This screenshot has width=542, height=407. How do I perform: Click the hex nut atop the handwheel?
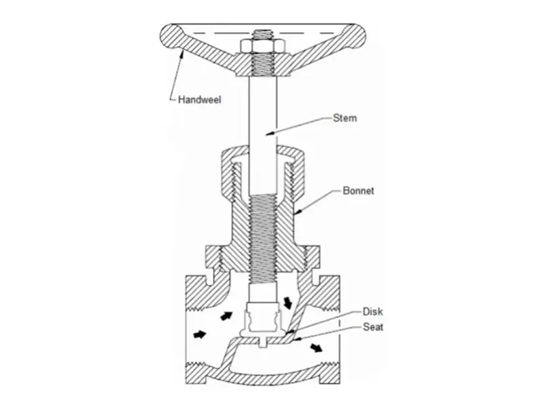click(x=258, y=45)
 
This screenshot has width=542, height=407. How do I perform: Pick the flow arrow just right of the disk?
click(x=289, y=301)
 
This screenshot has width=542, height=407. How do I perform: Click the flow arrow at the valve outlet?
click(x=316, y=348)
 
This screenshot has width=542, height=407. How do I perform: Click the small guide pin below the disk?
click(x=260, y=341)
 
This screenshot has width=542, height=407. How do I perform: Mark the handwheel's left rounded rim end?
click(x=169, y=33)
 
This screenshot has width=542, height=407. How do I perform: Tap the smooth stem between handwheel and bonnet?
click(x=260, y=109)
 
